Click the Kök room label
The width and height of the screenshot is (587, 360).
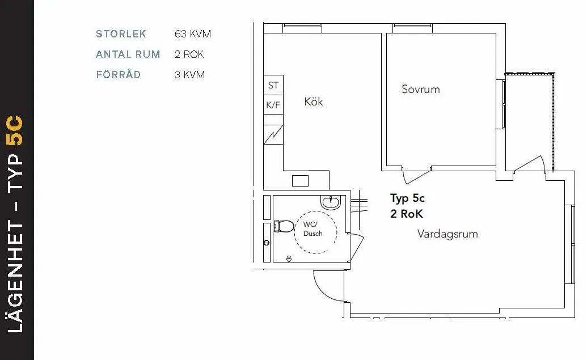click(314, 101)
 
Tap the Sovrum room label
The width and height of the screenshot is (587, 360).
click(420, 89)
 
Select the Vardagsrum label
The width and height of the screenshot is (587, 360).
click(447, 234)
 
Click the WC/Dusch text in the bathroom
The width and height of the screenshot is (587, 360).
click(312, 229)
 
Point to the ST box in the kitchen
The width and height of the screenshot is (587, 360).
click(273, 86)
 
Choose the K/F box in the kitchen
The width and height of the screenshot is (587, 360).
click(273, 105)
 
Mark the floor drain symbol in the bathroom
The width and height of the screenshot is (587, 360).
click(289, 259)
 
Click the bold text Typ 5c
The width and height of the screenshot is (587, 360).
click(407, 198)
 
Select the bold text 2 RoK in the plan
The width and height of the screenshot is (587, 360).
click(406, 214)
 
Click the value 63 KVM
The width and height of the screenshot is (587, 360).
click(193, 34)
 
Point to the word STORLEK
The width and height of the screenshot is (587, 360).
click(121, 34)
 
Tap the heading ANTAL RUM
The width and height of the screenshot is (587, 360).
click(128, 54)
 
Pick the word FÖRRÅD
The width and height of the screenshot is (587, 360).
click(118, 75)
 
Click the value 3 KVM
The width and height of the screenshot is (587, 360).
click(189, 75)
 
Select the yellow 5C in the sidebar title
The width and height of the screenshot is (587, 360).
click(16, 131)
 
